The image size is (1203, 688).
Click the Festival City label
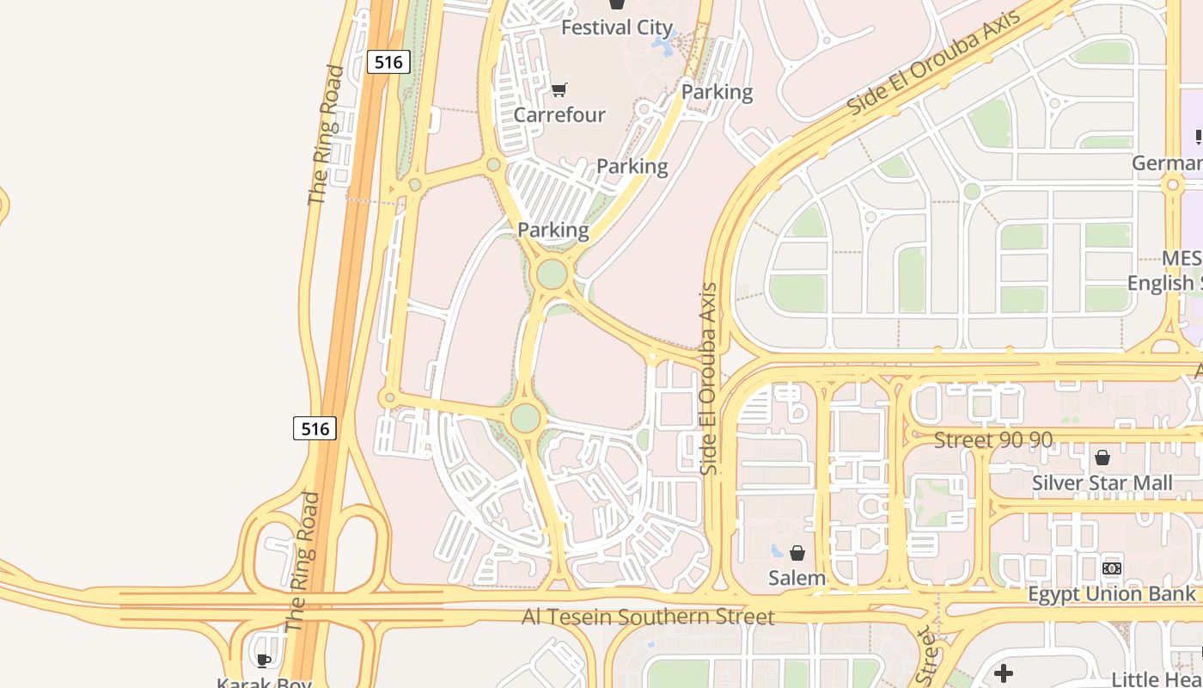(x=616, y=28)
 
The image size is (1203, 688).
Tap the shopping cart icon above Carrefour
(x=559, y=89)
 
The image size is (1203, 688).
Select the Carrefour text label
(x=559, y=114)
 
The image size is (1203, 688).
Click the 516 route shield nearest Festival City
(x=388, y=62)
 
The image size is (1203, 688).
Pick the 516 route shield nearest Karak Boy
(x=314, y=428)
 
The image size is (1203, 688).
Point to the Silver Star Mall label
(x=1102, y=483)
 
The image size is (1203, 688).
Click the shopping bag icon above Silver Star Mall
(x=1102, y=458)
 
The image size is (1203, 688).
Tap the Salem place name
(x=797, y=578)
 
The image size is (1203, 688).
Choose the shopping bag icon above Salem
(x=797, y=552)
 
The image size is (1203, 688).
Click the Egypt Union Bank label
(x=1111, y=594)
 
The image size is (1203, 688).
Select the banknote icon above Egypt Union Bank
(x=1112, y=568)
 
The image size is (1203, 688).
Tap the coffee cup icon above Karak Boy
(x=264, y=660)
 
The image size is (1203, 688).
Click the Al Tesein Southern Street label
(x=648, y=617)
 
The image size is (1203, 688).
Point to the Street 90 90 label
(x=992, y=439)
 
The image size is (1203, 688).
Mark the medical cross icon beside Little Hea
(x=1003, y=673)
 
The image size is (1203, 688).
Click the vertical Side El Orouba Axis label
(x=709, y=378)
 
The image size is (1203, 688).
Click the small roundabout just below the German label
(x=1173, y=185)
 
